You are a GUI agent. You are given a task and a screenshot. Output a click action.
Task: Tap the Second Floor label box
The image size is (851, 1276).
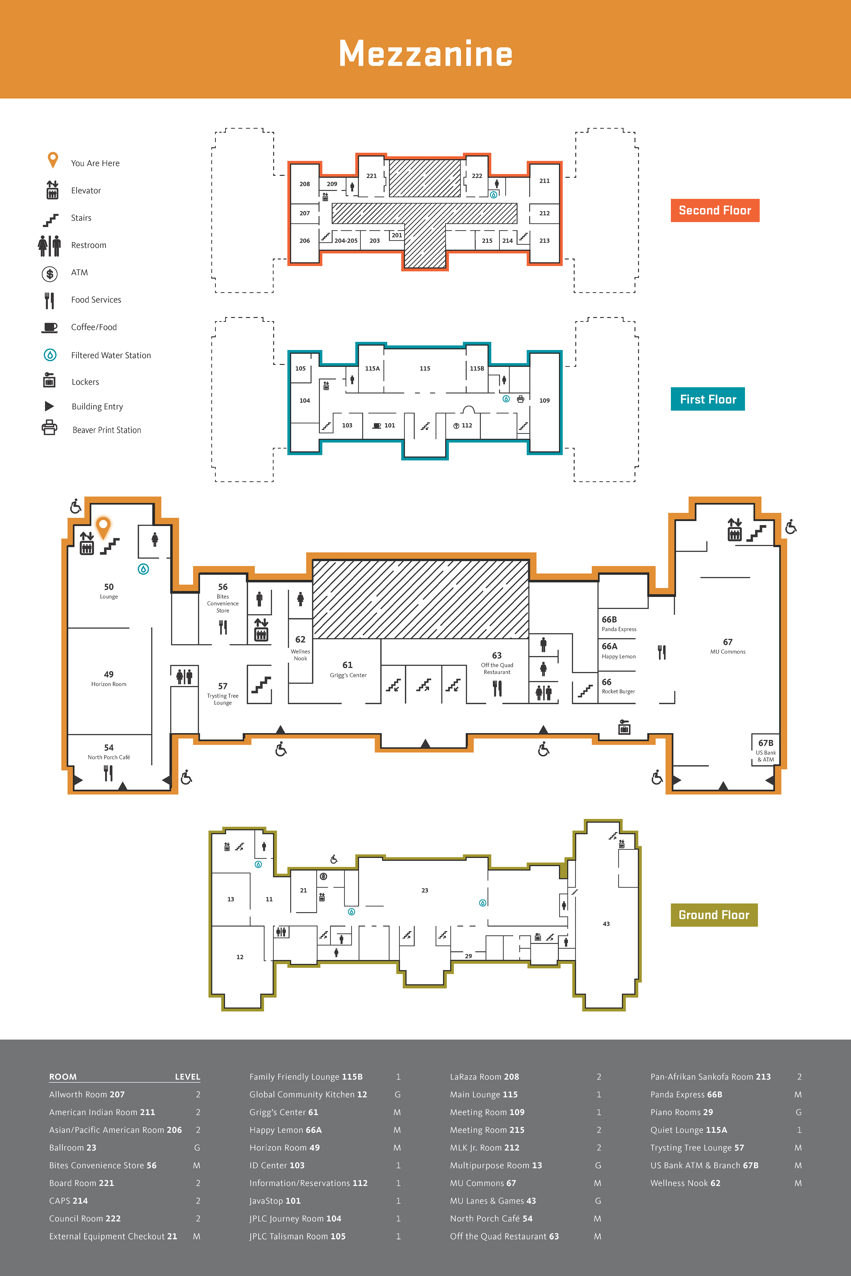(x=715, y=210)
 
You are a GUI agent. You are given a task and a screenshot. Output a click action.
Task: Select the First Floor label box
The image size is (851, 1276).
(x=708, y=399)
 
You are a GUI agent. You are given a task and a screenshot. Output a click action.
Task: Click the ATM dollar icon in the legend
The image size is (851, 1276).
(x=50, y=273)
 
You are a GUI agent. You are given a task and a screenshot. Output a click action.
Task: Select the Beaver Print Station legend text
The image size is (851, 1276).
(x=107, y=430)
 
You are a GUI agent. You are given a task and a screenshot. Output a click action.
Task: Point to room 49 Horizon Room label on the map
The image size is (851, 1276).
(x=109, y=678)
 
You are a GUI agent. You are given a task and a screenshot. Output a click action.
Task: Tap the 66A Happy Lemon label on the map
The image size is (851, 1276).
(x=618, y=650)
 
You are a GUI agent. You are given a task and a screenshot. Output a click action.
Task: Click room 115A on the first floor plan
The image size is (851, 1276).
(x=372, y=368)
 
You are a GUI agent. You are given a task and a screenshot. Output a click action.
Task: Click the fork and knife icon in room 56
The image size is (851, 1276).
(x=223, y=627)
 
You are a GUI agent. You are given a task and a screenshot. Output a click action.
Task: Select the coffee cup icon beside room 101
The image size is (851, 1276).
(x=377, y=426)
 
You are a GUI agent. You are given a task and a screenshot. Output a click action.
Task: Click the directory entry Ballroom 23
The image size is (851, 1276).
(x=73, y=1148)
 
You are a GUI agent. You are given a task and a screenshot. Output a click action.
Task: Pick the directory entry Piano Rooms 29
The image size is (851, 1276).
(x=682, y=1112)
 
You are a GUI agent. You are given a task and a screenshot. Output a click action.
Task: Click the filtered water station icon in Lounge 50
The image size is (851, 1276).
(x=143, y=569)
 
